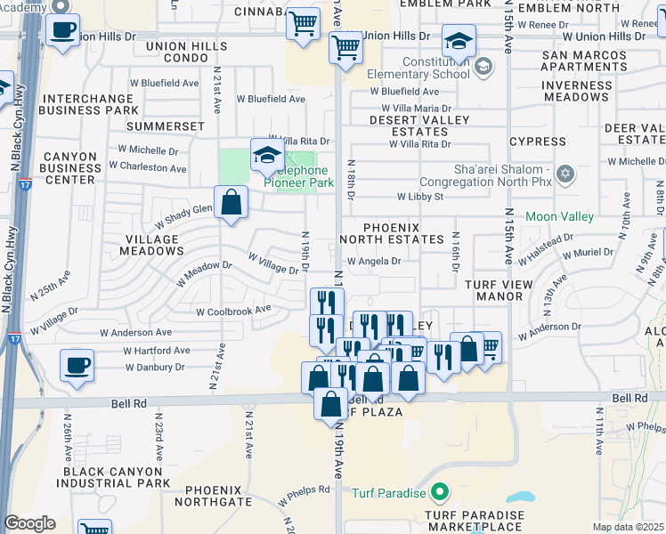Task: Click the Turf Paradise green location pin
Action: tap(438, 492)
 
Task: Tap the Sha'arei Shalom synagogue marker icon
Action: tap(564, 173)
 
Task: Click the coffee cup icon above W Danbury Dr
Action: tap(77, 364)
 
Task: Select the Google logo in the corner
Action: tap(29, 522)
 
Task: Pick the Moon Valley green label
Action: tap(566, 216)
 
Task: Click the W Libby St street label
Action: tap(420, 196)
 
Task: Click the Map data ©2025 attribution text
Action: tap(629, 527)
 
